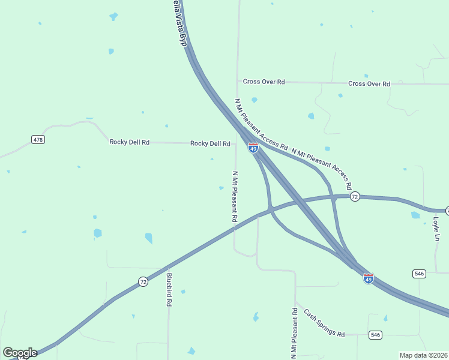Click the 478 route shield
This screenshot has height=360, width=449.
[38, 139]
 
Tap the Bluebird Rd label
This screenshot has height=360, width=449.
[169, 290]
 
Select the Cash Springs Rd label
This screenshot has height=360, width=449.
[324, 323]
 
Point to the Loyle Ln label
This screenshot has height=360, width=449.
[436, 229]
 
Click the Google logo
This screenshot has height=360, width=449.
[20, 353]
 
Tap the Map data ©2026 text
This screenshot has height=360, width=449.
[424, 355]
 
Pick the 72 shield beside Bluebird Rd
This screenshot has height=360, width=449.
[143, 281]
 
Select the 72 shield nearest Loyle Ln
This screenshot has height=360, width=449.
[355, 196]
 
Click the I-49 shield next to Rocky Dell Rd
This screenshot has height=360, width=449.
[253, 148]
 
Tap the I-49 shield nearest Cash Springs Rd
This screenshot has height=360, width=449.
[369, 278]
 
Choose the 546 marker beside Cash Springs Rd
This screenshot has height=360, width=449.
[376, 334]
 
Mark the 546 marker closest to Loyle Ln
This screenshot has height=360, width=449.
[419, 274]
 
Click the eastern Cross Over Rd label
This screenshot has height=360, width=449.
[369, 83]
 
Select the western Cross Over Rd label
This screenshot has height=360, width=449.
[264, 82]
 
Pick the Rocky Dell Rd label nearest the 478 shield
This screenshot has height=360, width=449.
[129, 142]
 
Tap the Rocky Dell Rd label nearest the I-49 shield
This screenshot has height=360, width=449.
[210, 143]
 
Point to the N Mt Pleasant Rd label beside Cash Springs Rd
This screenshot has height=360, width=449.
[294, 334]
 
